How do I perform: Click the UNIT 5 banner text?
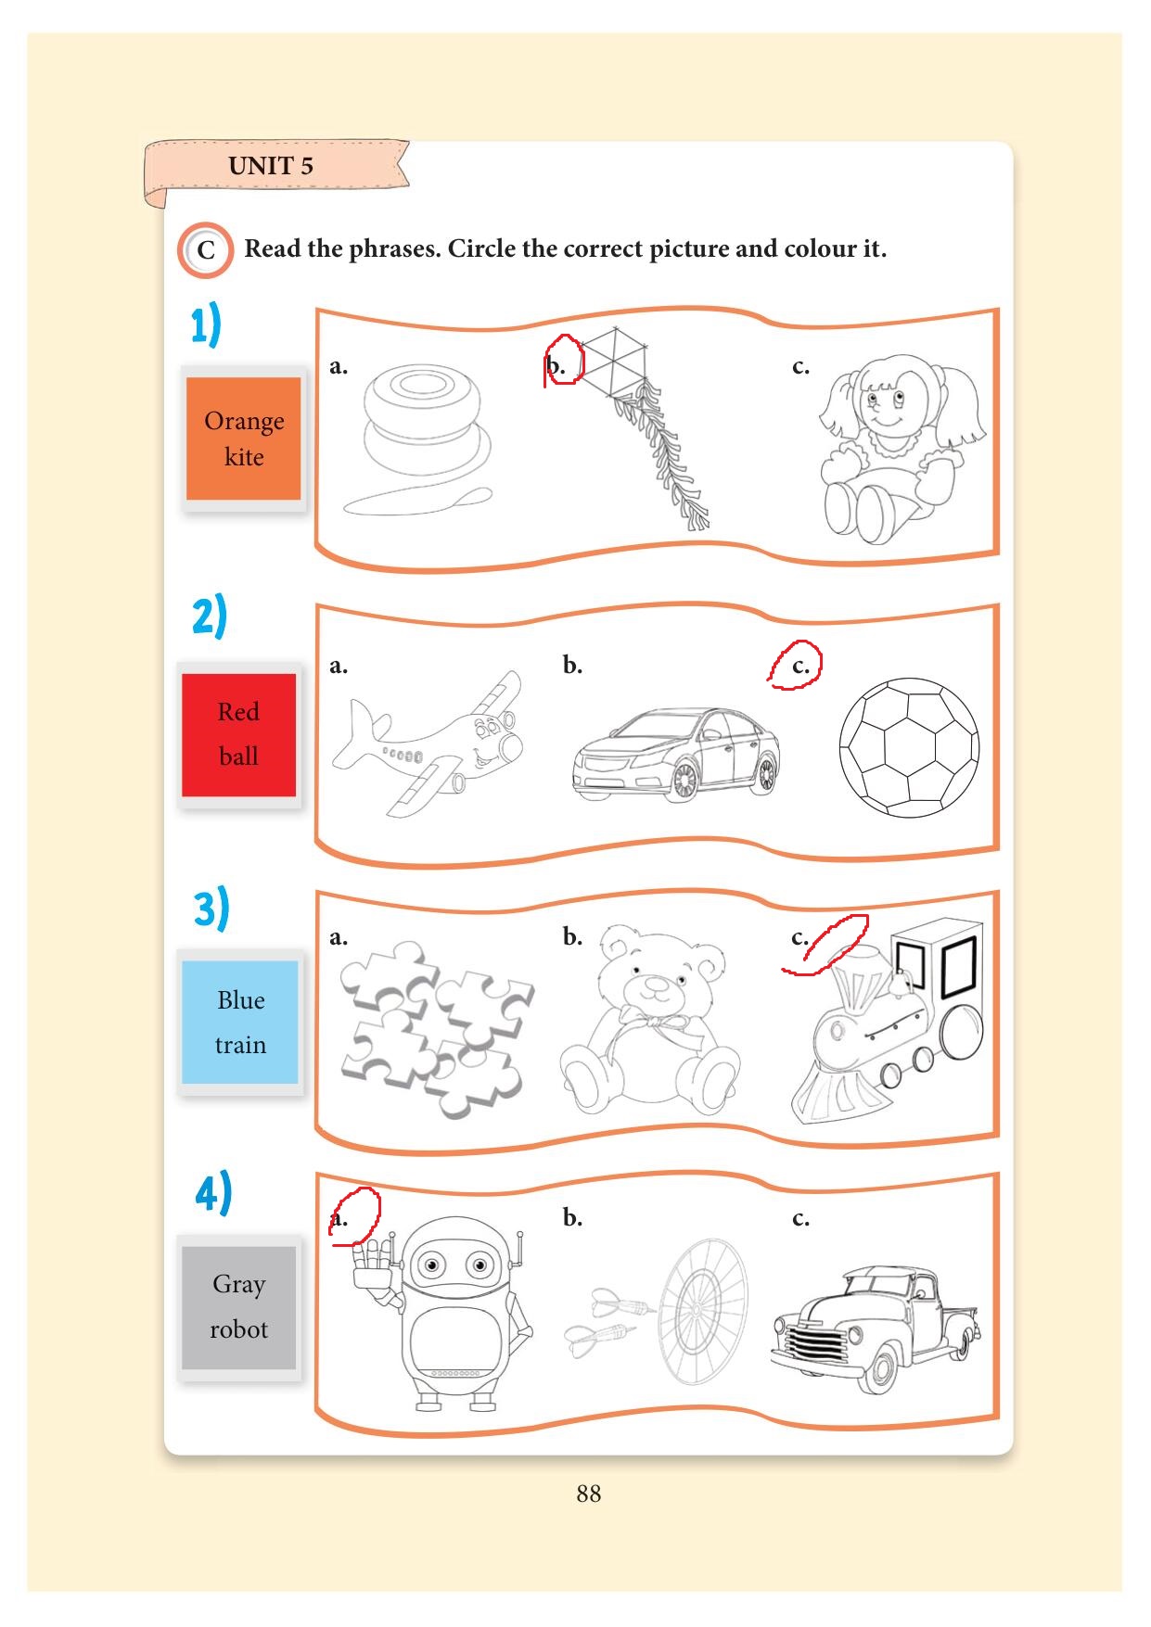[271, 166]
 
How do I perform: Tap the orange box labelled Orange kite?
[244, 439]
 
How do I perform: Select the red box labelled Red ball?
[238, 734]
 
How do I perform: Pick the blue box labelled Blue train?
[240, 1022]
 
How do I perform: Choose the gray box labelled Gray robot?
[238, 1307]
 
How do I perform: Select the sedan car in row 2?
[676, 753]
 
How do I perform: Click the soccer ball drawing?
[909, 747]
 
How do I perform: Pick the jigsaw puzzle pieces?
[436, 1028]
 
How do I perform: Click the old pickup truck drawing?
[875, 1328]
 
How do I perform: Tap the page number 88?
[588, 1494]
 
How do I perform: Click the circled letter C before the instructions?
[205, 249]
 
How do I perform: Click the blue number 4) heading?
[213, 1193]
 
